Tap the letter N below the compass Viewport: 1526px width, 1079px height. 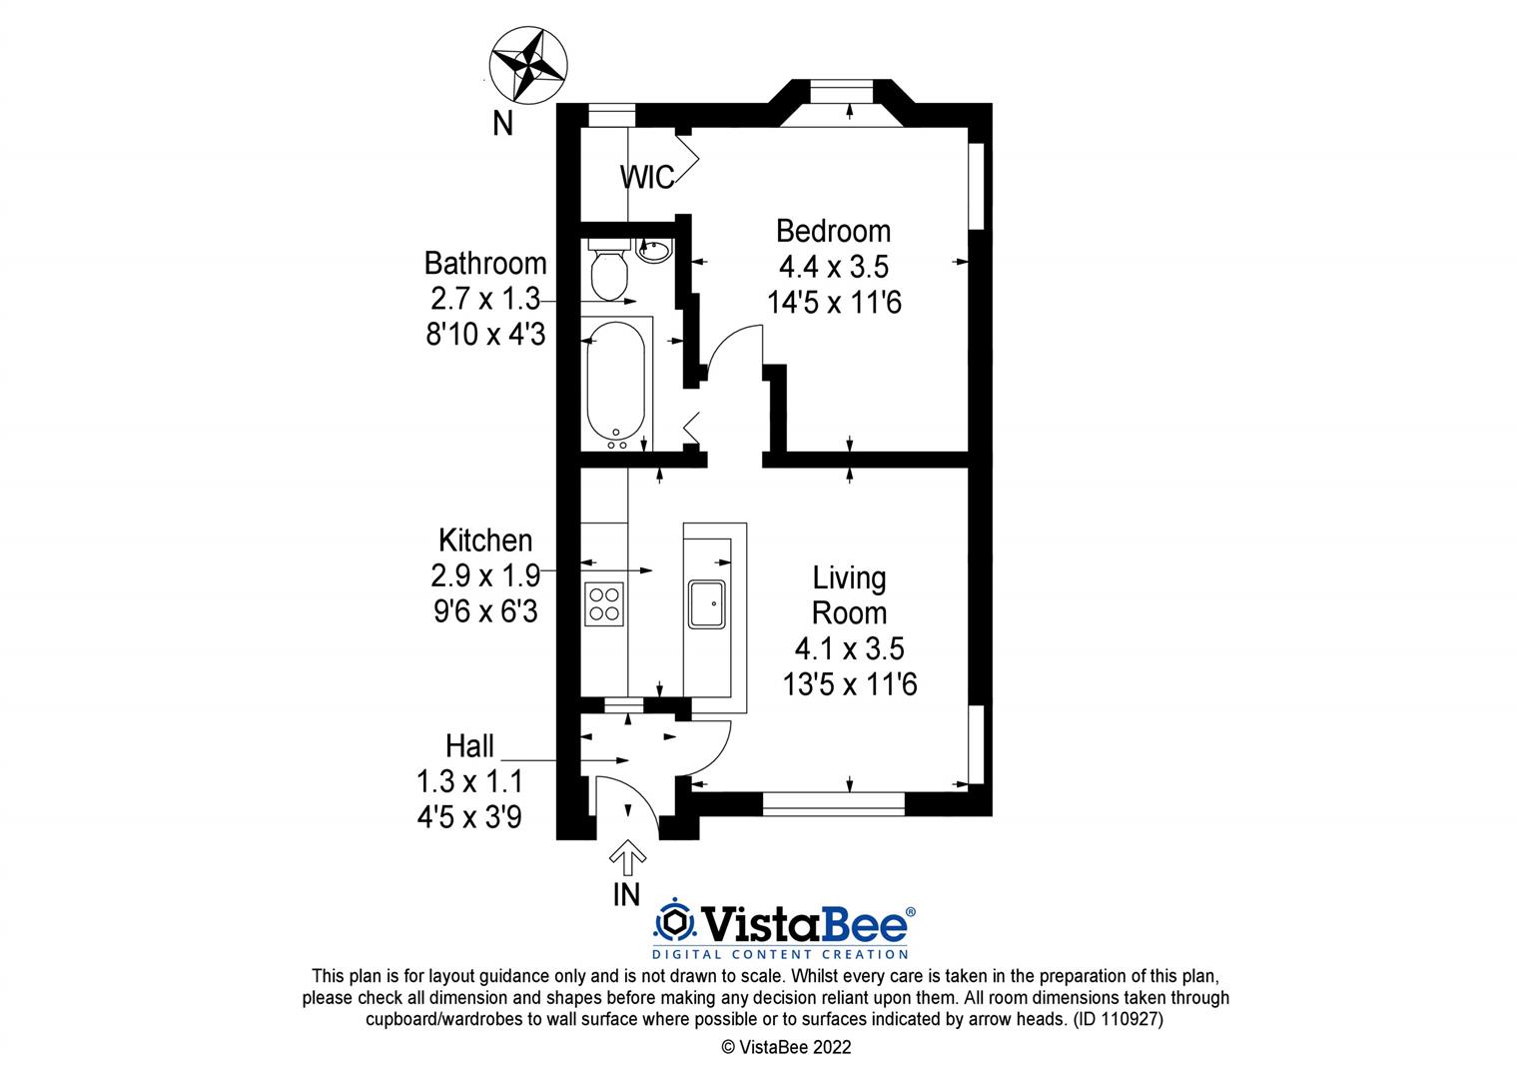(503, 124)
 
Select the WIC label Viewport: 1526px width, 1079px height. (646, 177)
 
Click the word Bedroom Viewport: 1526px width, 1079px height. (833, 231)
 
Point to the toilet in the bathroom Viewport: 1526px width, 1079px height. (607, 273)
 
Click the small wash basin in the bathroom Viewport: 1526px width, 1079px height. (654, 249)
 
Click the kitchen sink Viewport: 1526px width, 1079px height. (709, 603)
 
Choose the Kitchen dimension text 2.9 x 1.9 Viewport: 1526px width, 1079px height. (485, 575)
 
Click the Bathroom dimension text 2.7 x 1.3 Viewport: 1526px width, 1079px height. (485, 299)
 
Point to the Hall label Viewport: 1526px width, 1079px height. (469, 746)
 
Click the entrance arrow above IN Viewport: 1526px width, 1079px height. (626, 856)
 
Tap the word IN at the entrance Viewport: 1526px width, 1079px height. (626, 895)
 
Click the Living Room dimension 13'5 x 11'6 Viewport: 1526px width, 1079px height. (850, 684)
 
